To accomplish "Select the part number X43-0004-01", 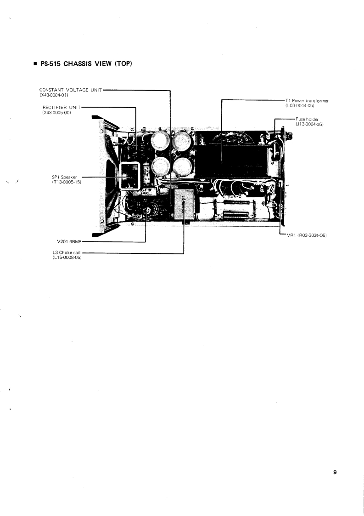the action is (x=54, y=95).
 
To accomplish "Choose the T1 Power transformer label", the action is (x=307, y=100).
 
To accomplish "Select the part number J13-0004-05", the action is (x=306, y=125).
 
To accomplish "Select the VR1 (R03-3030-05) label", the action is (x=306, y=235).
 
